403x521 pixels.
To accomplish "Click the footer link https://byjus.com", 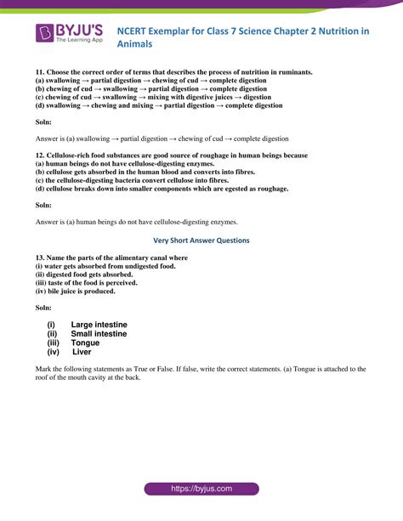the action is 201,490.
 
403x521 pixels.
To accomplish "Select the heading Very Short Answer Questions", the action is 201,241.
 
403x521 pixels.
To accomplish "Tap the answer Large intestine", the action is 99,325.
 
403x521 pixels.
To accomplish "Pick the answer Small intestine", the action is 99,334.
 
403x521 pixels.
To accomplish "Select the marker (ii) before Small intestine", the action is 53,334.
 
